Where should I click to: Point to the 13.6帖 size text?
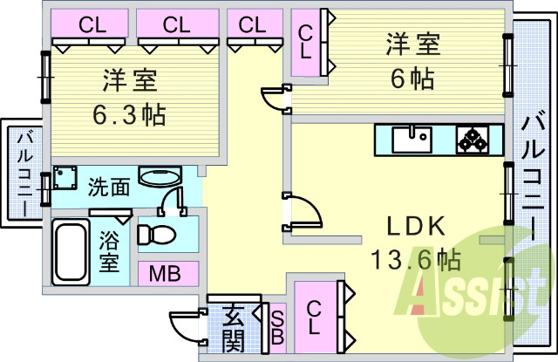tap(414, 258)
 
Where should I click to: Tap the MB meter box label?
tap(164, 274)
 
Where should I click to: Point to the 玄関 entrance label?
tap(233, 327)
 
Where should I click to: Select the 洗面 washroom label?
tap(110, 186)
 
